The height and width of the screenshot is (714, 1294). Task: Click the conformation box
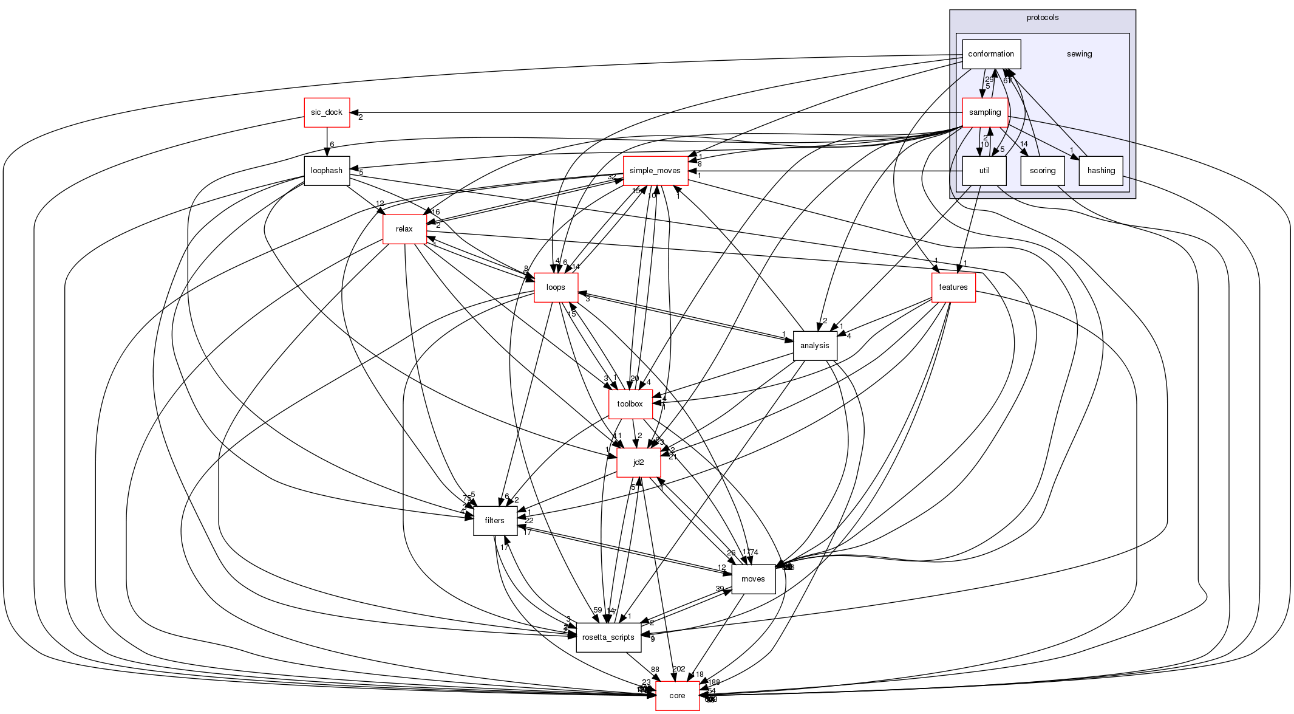point(991,54)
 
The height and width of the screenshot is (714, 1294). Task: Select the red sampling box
point(984,112)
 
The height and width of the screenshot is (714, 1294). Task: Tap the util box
point(984,171)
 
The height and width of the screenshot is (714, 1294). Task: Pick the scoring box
point(1043,171)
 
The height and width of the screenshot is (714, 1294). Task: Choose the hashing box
point(1101,171)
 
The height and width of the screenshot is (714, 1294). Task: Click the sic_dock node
point(327,112)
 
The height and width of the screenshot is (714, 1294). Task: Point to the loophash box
point(327,171)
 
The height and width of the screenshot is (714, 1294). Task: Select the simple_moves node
point(655,171)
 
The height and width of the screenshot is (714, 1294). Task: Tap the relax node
point(404,229)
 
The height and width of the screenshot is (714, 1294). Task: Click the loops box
point(556,287)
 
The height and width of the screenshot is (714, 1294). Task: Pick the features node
point(953,287)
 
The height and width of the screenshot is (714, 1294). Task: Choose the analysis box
point(815,346)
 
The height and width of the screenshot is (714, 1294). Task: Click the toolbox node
point(630,404)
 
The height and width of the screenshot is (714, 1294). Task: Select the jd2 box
point(638,462)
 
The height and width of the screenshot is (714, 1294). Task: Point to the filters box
point(495,521)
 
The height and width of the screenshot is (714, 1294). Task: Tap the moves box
point(753,579)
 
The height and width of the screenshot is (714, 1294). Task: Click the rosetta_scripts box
point(608,637)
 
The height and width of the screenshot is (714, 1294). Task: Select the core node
point(677,696)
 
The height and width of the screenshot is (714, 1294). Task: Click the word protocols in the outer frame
point(1043,18)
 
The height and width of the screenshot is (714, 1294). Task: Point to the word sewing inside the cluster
point(1080,54)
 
